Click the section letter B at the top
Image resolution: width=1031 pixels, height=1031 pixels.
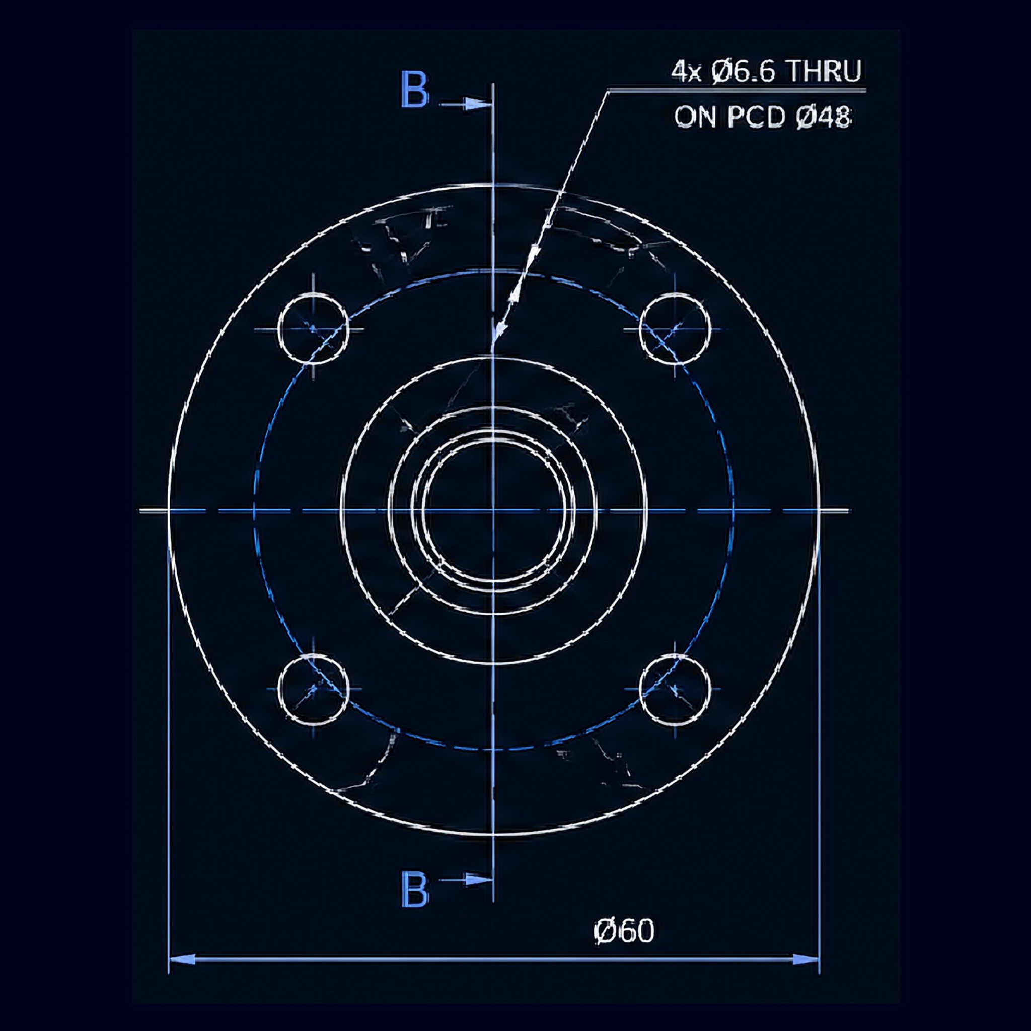coord(414,90)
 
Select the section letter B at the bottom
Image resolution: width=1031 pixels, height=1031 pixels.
coord(414,890)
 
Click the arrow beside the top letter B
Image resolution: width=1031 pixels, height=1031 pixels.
coord(464,104)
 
